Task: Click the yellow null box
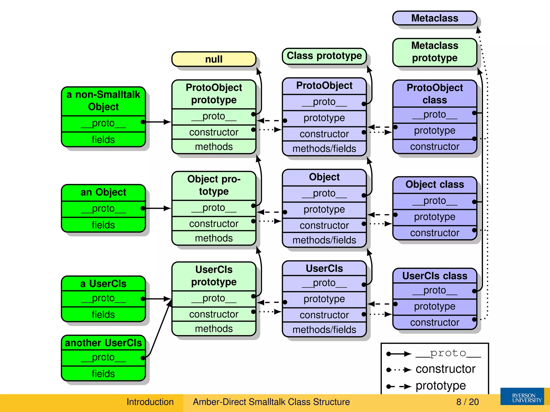214,59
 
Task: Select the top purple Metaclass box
435,18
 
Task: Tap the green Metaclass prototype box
435,52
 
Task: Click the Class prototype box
324,56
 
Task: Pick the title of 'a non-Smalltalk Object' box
103,101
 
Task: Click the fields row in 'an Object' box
103,225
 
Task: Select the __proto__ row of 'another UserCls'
103,358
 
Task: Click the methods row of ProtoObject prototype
214,147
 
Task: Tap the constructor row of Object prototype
214,224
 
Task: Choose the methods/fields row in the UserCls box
324,330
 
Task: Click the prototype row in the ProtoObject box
324,118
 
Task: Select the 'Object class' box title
435,185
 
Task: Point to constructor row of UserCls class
435,322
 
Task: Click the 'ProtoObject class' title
435,94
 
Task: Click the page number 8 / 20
467,402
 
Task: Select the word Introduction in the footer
150,402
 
